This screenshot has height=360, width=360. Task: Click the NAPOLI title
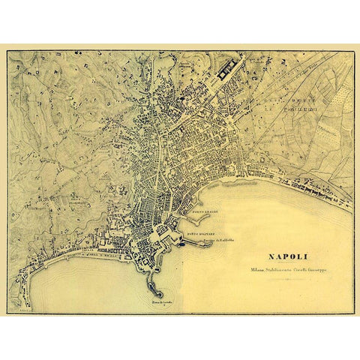[290, 256]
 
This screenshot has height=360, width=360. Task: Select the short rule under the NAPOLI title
[290, 263]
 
